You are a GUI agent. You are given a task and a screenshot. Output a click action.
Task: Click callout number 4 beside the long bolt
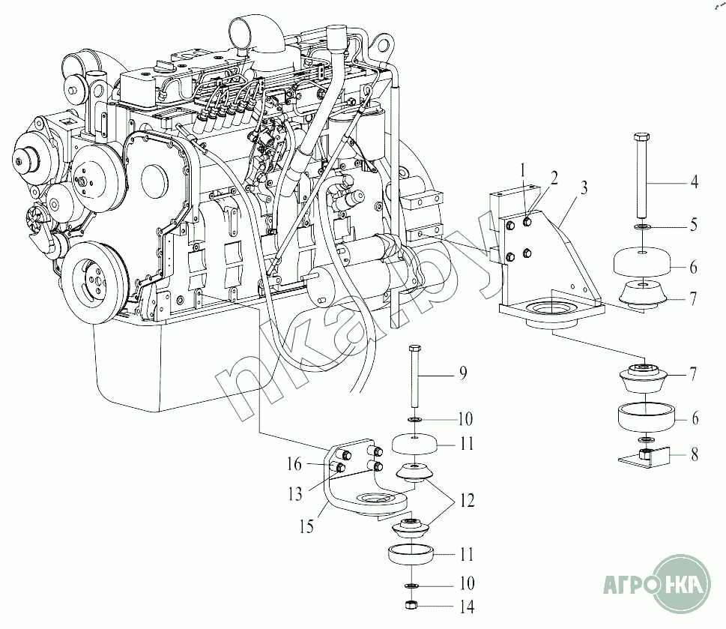[x=694, y=182]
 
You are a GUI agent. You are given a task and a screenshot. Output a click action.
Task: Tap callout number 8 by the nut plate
[x=694, y=455]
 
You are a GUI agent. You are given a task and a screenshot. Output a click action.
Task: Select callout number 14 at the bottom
[x=468, y=607]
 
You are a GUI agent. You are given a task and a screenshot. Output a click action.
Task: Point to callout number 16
[x=294, y=463]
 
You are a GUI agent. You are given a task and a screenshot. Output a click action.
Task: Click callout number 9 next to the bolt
[x=462, y=373]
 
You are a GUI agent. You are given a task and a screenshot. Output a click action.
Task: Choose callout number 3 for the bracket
[x=584, y=187]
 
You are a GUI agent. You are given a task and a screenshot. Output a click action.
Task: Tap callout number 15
[x=306, y=526]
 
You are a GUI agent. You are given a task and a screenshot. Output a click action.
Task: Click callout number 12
[x=468, y=500]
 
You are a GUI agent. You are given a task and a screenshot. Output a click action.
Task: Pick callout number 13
[x=295, y=494]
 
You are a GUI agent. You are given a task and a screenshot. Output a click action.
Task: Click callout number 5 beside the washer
[x=694, y=225]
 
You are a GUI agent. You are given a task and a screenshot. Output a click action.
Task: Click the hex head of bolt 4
[x=641, y=136]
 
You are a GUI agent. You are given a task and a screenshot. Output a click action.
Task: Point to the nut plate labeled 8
[x=644, y=457]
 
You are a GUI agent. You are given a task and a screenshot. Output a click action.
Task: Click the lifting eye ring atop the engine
[x=384, y=46]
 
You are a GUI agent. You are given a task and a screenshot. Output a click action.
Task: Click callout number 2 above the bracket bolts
[x=554, y=178]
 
